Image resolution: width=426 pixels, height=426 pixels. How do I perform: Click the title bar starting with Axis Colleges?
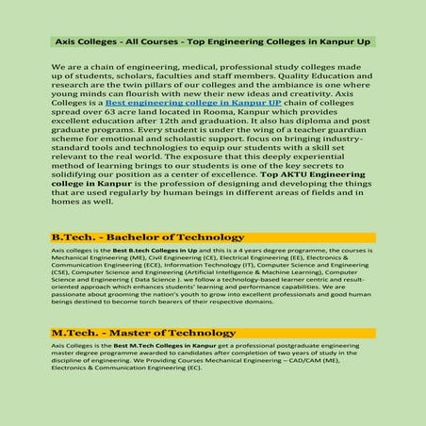(212, 42)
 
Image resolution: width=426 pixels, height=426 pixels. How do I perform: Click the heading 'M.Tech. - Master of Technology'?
(143, 333)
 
